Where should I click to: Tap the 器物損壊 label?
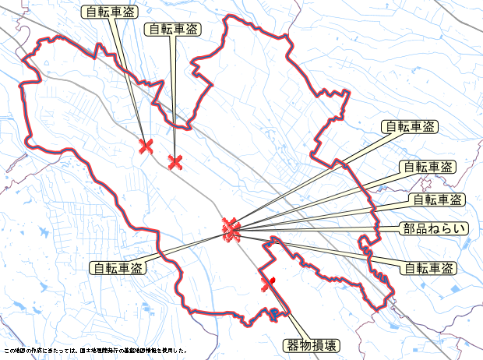311,344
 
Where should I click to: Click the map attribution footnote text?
95,351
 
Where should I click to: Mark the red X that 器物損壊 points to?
267,284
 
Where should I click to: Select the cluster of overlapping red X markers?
230,229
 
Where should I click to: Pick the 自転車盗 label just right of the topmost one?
172,29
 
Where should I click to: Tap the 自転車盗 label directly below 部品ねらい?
428,269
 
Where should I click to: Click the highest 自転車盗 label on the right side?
409,126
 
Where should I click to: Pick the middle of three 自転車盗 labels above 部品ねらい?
427,167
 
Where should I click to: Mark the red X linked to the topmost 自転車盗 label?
146,146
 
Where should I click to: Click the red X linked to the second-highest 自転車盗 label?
175,162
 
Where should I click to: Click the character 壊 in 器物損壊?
331,344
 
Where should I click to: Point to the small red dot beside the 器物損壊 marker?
274,278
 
